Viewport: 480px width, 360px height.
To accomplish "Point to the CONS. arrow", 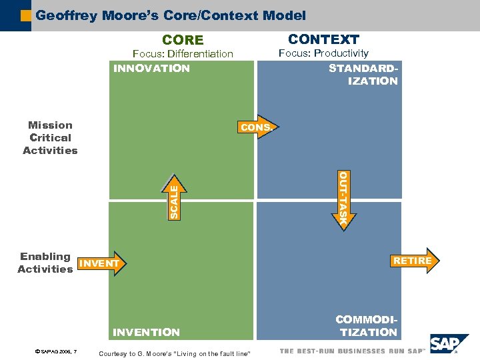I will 257,127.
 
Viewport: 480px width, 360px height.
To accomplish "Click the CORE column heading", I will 183,40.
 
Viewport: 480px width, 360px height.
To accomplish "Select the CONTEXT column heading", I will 323,39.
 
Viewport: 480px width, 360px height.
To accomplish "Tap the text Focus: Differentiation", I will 183,53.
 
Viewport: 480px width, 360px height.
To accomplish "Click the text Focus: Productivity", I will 323,53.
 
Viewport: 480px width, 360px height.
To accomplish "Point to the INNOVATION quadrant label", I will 151,68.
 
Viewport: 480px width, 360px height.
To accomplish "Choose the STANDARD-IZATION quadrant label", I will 364,75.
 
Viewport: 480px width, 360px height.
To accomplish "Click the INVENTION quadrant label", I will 147,332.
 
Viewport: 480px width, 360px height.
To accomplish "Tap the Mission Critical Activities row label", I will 50,137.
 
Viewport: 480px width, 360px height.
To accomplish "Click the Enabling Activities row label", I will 45,263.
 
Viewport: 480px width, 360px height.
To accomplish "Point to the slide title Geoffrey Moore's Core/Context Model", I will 171,15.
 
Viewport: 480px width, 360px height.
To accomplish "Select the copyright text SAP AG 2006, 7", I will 56,351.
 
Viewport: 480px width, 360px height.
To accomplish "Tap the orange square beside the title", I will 26,15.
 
